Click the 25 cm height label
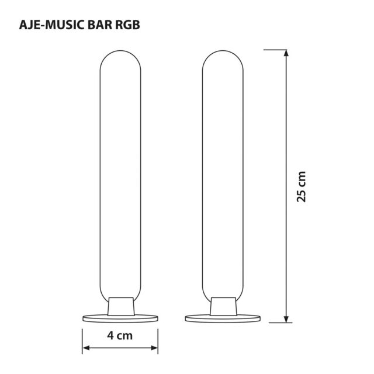point(302,186)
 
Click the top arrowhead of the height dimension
point(286,54)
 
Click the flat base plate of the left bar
point(120,318)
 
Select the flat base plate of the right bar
point(221,318)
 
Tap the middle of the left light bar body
point(120,175)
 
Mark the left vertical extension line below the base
point(82,339)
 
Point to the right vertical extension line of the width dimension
point(158,339)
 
